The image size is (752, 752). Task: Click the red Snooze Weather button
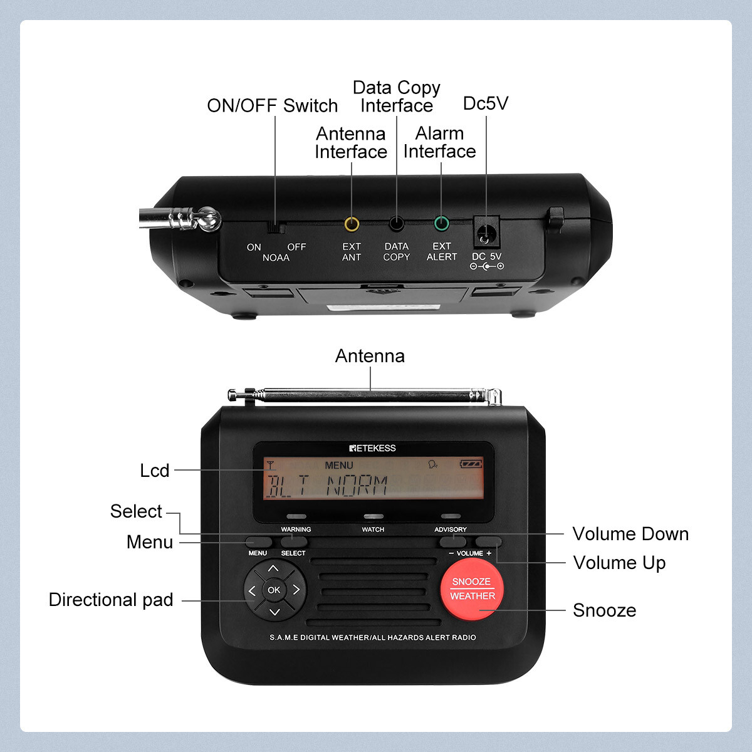point(472,589)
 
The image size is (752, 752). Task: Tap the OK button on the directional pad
point(274,590)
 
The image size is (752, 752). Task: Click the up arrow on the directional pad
point(273,568)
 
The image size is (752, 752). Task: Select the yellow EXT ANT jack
point(352,224)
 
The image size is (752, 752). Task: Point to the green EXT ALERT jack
point(442,223)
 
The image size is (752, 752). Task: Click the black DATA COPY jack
point(396,223)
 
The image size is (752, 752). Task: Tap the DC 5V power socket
point(486,233)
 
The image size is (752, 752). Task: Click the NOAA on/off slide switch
point(276,227)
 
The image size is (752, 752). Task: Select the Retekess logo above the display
point(372,448)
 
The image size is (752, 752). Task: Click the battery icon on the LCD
point(471,464)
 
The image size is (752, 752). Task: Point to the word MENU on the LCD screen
point(339,466)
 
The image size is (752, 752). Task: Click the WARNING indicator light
point(296,517)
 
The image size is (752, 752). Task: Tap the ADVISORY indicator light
point(451,517)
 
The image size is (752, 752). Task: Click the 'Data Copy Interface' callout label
point(397,97)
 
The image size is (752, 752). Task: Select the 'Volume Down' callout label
point(630,534)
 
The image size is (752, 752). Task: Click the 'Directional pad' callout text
point(111,600)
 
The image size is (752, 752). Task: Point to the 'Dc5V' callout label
point(486,103)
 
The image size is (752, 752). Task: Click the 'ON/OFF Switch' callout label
point(273,105)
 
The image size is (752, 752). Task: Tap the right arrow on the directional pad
point(296,590)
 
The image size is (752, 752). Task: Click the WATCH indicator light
point(373,517)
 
